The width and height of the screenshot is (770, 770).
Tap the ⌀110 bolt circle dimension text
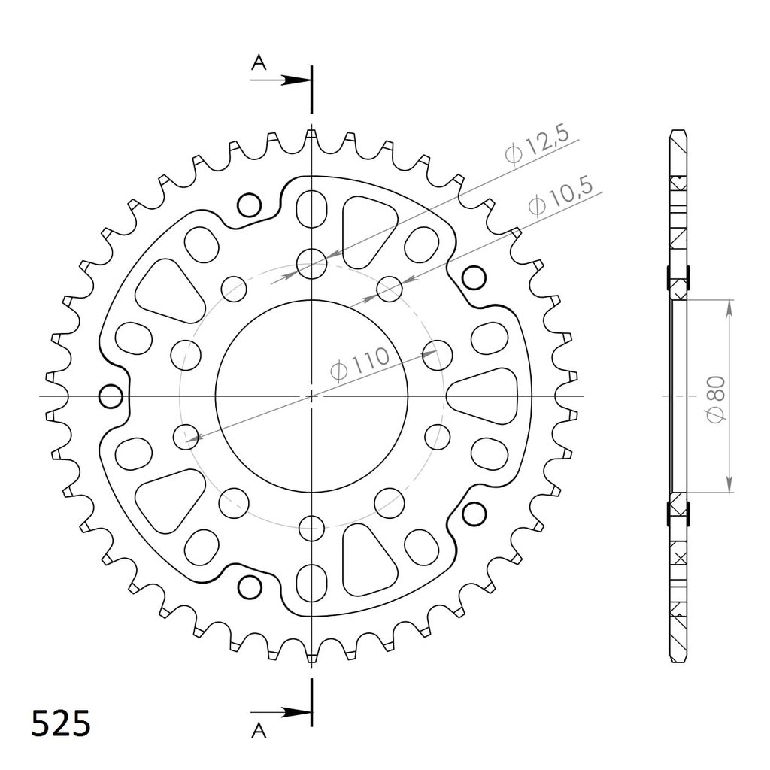360,365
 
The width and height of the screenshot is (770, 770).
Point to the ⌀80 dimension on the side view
716,399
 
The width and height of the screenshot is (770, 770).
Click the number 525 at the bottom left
61,723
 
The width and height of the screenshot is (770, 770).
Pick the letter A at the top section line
259,62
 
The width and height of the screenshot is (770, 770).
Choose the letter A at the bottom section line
259,731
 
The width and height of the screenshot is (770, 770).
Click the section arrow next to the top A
280,80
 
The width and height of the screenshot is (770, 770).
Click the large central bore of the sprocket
311,396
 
